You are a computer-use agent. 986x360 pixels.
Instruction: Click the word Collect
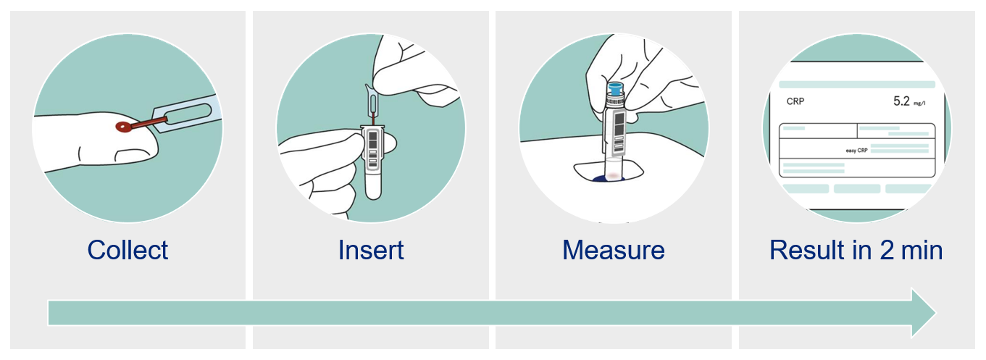pos(128,250)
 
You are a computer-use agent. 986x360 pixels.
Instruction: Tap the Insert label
pos(371,250)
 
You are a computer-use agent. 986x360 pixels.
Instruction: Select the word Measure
pos(614,250)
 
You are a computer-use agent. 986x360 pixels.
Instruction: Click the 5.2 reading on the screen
pos(901,101)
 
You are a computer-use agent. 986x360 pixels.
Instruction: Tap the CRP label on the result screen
pos(795,101)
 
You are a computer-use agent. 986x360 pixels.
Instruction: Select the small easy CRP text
pos(856,151)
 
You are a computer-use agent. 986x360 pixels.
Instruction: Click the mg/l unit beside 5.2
pos(919,104)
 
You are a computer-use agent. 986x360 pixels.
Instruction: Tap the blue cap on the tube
pos(615,90)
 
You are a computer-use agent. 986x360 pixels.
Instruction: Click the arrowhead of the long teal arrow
pos(924,313)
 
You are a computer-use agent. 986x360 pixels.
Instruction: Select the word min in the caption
pos(922,250)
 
